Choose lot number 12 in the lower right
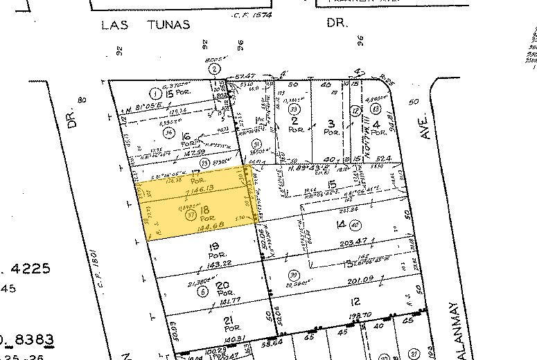(x=355, y=301)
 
